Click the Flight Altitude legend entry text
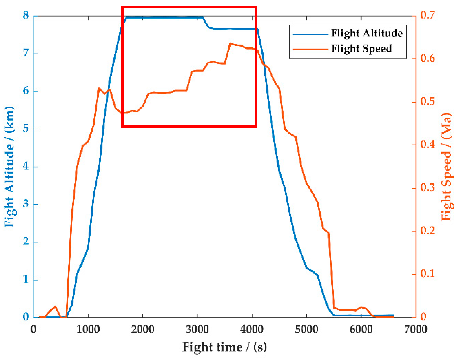tap(367, 33)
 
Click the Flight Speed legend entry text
tap(361, 48)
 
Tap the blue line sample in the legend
tap(310, 34)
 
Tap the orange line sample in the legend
tap(310, 49)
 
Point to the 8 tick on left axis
tap(26, 15)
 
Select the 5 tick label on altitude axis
tap(26, 129)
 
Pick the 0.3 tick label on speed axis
tap(428, 188)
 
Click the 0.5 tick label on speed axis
tap(428, 101)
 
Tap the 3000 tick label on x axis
tap(197, 329)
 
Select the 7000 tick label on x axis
tap(416, 329)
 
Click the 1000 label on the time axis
tap(88, 329)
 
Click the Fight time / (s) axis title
tap(224, 347)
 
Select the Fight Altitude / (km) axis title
tap(9, 167)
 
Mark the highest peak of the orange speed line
tap(230, 44)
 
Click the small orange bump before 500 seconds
tap(55, 307)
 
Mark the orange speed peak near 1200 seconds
tap(99, 88)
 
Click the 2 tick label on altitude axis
tap(26, 241)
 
